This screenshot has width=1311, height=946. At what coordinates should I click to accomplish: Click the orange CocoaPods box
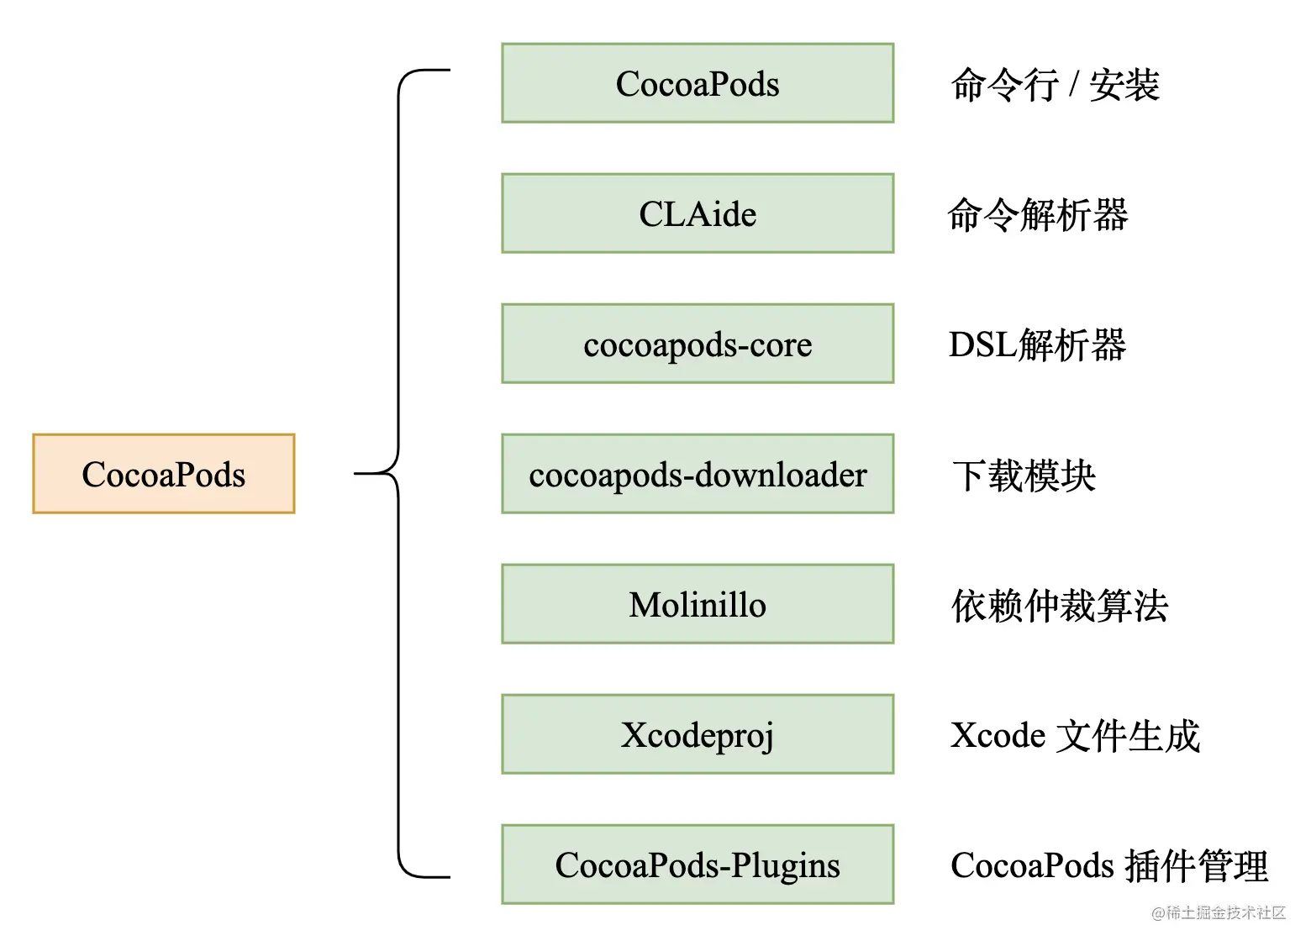164,474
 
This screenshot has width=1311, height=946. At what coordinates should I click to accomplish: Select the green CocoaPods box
698,83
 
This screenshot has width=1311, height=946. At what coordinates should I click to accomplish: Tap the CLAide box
698,213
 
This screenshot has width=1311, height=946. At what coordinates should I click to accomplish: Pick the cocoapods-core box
698,344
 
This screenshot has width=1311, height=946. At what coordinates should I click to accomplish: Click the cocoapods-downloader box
698,474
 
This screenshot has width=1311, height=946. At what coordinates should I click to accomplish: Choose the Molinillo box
698,604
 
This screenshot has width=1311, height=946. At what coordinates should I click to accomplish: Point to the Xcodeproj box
698,734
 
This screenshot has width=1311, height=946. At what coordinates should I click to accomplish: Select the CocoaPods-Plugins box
698,865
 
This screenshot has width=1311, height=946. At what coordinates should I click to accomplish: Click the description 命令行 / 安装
1055,85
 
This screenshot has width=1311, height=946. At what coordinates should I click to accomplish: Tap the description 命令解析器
1038,215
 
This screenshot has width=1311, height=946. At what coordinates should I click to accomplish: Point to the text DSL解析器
1037,345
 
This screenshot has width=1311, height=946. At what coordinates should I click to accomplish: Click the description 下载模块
1024,476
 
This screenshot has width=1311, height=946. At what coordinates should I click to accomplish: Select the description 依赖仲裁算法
1060,606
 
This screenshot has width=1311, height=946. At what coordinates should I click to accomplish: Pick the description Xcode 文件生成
1075,736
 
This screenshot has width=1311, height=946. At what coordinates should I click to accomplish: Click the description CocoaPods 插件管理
1108,866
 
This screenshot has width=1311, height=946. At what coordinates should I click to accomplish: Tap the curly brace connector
398,474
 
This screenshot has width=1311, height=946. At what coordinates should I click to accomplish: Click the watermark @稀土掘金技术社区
1219,913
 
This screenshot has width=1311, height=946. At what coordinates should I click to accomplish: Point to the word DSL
982,345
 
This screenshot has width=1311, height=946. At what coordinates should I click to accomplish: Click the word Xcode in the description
998,736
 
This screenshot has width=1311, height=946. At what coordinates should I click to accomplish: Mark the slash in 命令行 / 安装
1074,85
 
